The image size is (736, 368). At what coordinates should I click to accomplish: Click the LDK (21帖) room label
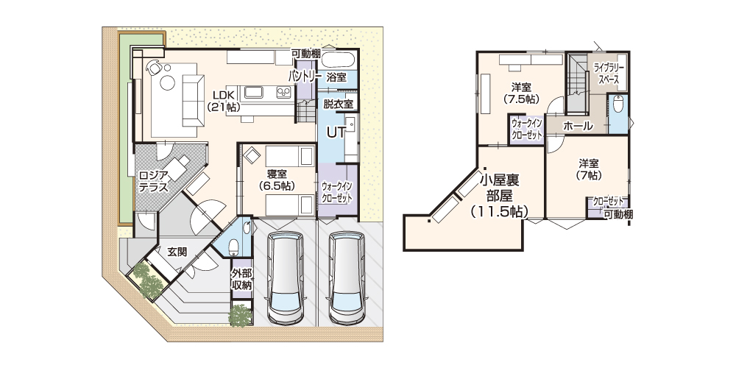point(224,101)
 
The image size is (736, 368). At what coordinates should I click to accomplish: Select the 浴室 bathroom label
point(336,77)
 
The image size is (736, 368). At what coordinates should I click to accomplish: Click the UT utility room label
point(336,132)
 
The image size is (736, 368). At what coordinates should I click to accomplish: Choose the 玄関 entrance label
point(177,252)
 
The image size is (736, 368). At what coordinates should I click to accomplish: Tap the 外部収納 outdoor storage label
point(241,279)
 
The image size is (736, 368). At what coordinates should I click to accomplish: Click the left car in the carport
point(284,278)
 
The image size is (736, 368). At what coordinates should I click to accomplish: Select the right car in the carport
point(347,278)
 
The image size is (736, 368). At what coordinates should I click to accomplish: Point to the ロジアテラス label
point(154,181)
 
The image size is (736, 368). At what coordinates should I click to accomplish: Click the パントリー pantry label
point(305,77)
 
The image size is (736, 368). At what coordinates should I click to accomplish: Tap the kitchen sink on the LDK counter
point(253,93)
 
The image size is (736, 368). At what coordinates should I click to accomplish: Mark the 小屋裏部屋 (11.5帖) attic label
point(500,195)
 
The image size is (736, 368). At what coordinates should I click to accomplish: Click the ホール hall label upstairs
point(577,126)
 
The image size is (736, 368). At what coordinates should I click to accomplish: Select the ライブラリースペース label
point(609,74)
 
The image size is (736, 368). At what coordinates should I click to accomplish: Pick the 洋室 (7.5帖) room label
point(521,93)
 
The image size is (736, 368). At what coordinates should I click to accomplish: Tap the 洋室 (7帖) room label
point(587,169)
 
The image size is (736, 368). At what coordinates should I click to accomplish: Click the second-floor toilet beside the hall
point(618,105)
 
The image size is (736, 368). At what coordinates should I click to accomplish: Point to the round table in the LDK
point(168,83)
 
